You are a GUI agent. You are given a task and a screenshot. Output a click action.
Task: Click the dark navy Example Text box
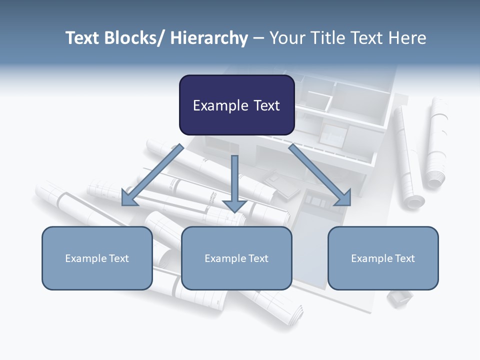(x=236, y=105)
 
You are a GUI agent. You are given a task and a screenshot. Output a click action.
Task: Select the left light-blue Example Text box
(x=97, y=258)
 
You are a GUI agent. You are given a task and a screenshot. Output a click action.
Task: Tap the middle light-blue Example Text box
(x=236, y=258)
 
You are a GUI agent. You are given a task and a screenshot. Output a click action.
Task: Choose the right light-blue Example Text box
(x=383, y=258)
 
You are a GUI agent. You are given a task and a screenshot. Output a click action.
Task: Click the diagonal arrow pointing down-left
(x=152, y=175)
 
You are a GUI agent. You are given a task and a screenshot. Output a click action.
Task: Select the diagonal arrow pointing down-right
(x=320, y=175)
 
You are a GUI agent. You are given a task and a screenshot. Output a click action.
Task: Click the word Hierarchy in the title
(x=209, y=38)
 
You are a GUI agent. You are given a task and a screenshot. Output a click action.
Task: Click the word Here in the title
(x=407, y=38)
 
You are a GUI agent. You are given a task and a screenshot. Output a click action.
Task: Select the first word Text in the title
(x=83, y=38)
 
